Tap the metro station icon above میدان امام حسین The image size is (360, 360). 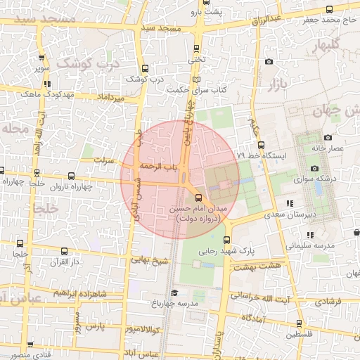coord(198,198)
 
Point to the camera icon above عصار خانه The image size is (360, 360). coord(328,138)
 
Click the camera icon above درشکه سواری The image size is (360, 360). coord(314,168)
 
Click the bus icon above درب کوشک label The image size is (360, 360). coord(145,68)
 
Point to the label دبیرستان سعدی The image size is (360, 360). coord(295,214)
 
